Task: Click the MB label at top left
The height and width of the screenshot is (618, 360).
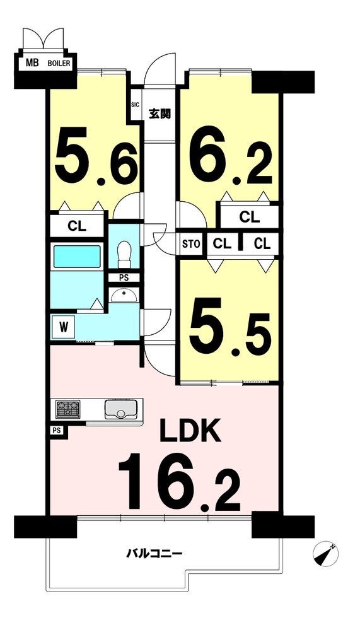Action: tap(32, 62)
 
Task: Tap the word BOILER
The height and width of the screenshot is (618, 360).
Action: tap(59, 63)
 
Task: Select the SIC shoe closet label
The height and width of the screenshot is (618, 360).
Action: tap(136, 105)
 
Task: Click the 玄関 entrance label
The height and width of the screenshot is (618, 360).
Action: tap(160, 114)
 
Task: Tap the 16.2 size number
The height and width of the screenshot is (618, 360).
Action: tap(179, 483)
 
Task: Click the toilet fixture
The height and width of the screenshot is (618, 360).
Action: tap(124, 254)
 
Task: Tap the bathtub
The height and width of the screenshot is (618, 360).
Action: tap(77, 257)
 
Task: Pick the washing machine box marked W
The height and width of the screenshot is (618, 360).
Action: tap(62, 327)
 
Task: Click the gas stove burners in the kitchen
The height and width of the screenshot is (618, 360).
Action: tap(67, 409)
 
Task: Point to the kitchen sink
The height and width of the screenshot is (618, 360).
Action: tap(120, 409)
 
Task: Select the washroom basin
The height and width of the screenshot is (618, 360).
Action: tap(124, 295)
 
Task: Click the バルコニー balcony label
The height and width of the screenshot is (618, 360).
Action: tap(154, 554)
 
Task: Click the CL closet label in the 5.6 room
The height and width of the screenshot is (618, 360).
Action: tap(77, 226)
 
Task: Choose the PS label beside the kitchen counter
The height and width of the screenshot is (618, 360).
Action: tap(56, 430)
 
